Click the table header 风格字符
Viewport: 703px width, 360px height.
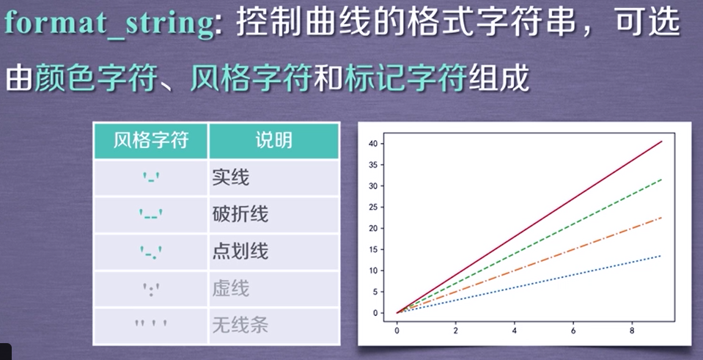point(151,141)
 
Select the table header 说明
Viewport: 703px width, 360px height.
point(273,141)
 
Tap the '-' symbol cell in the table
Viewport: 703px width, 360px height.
point(151,178)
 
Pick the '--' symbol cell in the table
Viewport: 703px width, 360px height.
point(151,215)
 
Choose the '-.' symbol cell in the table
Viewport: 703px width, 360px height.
point(151,252)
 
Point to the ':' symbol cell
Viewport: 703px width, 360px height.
point(151,288)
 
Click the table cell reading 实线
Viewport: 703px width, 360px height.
point(230,177)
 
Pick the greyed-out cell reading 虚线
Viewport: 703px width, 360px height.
point(230,288)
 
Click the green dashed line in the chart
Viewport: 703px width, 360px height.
point(557,234)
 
